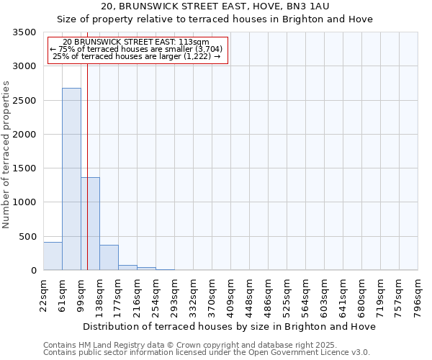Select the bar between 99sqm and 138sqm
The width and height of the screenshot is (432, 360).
click(x=90, y=223)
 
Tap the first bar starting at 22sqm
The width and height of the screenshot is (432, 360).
click(x=53, y=256)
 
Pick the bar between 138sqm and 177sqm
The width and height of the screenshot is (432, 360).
click(x=109, y=258)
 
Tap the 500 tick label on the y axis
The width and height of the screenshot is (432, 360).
click(x=29, y=237)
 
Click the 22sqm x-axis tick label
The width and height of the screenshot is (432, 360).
click(x=44, y=293)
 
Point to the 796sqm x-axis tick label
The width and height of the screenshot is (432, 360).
click(x=418, y=295)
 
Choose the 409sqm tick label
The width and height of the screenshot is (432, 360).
click(x=231, y=295)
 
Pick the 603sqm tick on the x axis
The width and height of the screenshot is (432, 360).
click(x=325, y=295)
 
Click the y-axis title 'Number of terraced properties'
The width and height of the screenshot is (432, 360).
click(x=6, y=154)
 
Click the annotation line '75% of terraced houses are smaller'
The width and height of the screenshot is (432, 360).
click(x=137, y=49)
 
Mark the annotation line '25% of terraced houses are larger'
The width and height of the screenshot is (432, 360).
click(x=137, y=56)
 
